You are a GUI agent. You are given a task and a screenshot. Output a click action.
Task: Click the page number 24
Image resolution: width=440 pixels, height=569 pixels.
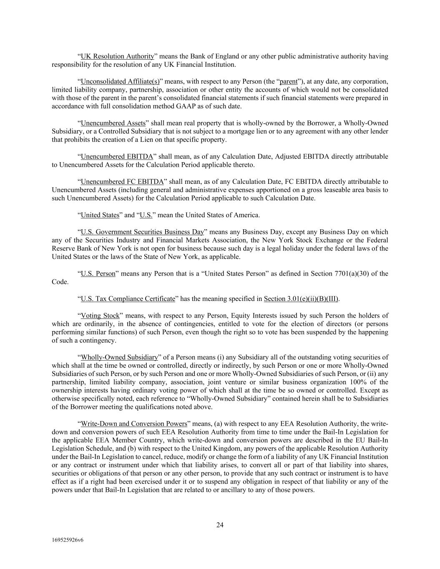(220, 525)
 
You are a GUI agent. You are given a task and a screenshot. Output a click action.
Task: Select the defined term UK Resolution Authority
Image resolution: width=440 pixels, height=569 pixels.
(117, 56)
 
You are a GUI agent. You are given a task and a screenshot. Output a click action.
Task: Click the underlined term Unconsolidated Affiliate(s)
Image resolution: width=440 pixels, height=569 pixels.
(120, 81)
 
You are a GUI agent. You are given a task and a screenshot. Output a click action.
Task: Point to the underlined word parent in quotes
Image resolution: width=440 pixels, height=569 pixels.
(289, 81)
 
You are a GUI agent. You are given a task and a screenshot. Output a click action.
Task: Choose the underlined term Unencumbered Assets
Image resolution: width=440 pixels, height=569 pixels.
(113, 123)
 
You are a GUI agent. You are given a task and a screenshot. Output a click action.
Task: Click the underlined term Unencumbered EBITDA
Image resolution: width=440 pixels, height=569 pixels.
(117, 157)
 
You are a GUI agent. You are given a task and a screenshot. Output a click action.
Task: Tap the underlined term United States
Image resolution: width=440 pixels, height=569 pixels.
(100, 215)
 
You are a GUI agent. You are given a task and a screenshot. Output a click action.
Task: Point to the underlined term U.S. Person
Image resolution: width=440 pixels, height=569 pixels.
(98, 273)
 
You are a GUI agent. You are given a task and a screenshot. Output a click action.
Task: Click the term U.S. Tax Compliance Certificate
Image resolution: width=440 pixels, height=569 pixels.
(128, 299)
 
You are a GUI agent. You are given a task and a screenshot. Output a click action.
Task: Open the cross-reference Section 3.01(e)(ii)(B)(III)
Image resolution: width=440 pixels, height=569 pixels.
(301, 299)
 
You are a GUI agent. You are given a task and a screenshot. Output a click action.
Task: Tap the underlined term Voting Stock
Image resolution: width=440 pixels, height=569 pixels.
(100, 316)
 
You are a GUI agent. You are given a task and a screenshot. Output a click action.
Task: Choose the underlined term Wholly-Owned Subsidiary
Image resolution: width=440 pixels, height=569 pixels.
(119, 357)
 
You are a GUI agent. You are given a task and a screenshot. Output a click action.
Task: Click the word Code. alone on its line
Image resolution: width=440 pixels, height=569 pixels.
(60, 282)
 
